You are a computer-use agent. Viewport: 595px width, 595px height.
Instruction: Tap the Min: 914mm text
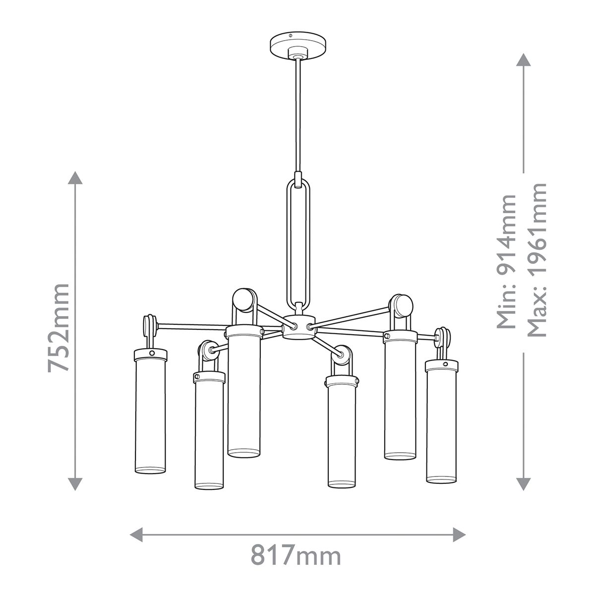[x=507, y=261]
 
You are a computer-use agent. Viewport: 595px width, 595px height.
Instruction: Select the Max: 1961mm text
[x=536, y=259]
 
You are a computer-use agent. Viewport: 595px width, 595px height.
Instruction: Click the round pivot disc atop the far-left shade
[x=148, y=327]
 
